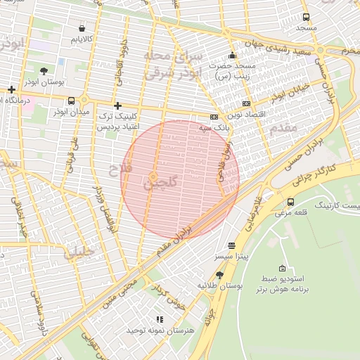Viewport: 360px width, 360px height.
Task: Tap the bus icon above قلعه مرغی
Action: (x=290, y=202)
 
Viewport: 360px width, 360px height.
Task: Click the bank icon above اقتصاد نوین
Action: (x=245, y=103)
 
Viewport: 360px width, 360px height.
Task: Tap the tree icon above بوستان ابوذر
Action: (x=44, y=71)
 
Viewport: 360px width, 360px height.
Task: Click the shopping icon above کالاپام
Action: (x=83, y=29)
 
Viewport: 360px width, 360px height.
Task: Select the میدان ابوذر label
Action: (x=72, y=111)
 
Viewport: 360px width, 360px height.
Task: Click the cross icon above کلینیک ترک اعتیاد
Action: (x=117, y=105)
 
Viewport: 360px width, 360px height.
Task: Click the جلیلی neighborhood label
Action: (x=79, y=253)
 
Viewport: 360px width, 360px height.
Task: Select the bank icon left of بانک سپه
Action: (x=214, y=117)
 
